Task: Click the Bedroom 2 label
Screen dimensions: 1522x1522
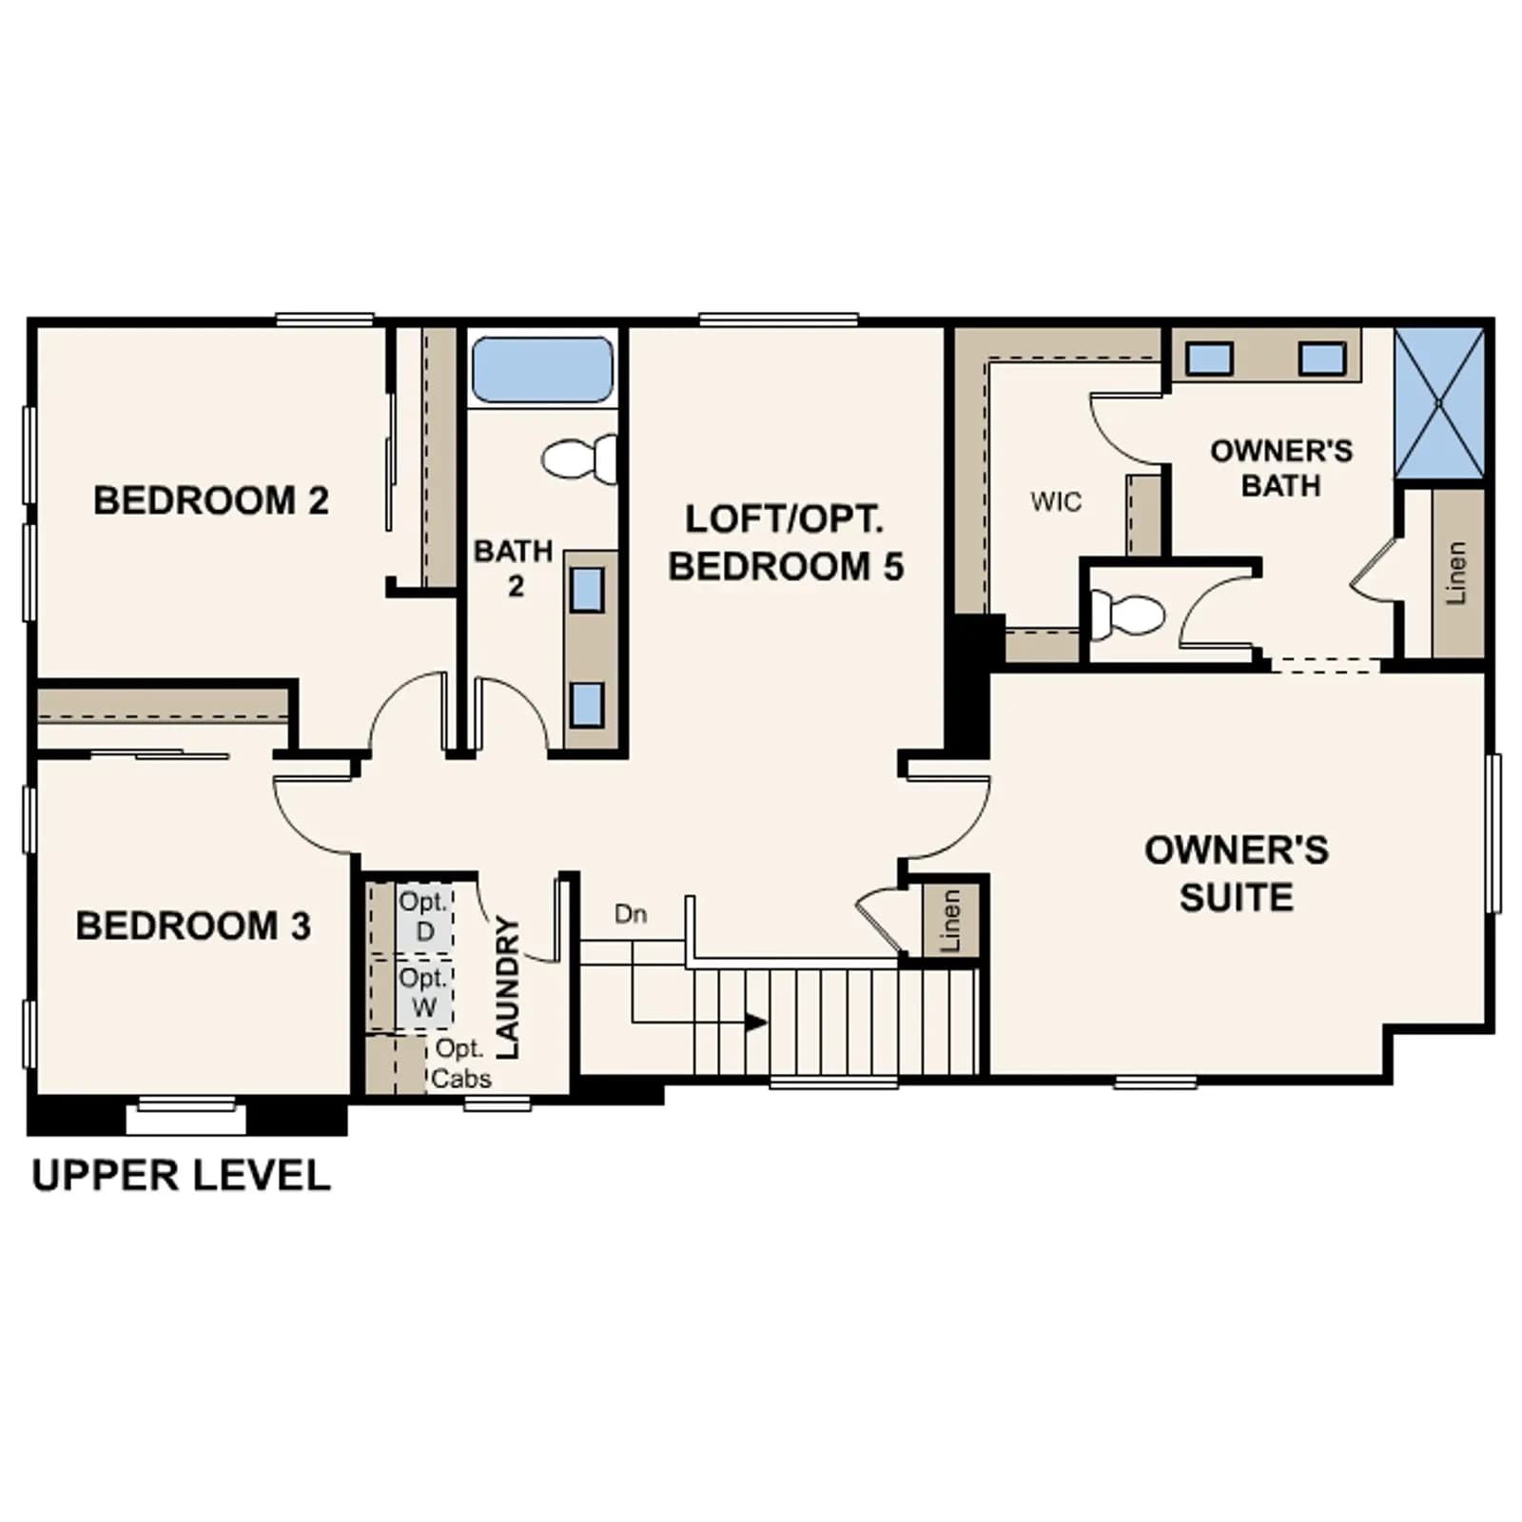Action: [211, 501]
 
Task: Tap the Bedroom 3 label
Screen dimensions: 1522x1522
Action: [193, 926]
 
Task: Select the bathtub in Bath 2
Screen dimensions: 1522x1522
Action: [542, 369]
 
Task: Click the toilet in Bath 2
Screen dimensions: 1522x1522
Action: [579, 459]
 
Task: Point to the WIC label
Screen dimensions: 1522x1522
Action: [1056, 501]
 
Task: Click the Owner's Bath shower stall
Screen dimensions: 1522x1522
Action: [1439, 403]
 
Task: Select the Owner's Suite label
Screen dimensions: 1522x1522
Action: [1237, 873]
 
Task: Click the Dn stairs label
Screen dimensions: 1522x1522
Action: [631, 914]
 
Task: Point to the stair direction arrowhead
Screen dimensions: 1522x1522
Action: [756, 1024]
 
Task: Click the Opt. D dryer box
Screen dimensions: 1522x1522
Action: [424, 917]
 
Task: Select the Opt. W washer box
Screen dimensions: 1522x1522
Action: [424, 994]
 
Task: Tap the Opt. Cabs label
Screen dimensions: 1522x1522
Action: [461, 1063]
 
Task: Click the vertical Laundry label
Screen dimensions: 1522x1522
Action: [508, 987]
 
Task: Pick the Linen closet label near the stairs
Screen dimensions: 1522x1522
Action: [949, 921]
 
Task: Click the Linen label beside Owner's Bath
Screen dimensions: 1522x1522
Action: [1455, 573]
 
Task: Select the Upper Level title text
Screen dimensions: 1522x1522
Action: [182, 1176]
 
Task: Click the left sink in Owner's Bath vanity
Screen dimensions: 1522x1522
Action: [1210, 359]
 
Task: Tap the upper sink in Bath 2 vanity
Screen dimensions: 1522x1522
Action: [587, 590]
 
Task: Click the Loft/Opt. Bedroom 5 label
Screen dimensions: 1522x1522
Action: [786, 543]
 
